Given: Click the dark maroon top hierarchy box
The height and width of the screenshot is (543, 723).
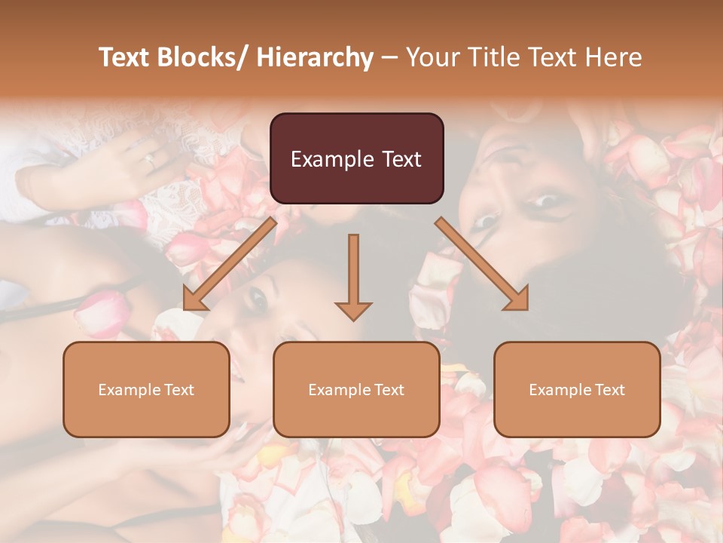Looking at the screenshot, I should point(356,158).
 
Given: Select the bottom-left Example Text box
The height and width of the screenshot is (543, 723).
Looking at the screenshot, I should point(146,389).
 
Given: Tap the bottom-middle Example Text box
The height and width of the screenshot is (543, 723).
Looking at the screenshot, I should point(356,389).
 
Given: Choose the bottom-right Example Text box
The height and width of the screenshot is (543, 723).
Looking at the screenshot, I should point(577,389).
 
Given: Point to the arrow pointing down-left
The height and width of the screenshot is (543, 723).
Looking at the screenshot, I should point(230,264).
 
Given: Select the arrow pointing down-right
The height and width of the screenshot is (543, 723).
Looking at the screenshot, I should point(482,264).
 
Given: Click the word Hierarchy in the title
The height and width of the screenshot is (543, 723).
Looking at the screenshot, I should point(314,57).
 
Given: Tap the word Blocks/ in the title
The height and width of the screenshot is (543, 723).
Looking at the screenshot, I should point(200,57).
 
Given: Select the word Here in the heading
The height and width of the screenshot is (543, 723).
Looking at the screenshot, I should point(613,57).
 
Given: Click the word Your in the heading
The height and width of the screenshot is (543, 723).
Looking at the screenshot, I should point(432,57).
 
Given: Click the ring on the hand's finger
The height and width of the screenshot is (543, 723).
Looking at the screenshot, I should point(150,159).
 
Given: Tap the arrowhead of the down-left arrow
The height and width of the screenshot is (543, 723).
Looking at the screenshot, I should point(194,299).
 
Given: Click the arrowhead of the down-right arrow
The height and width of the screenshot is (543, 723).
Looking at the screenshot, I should point(517,299).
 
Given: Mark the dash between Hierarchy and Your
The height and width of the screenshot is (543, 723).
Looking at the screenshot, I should point(389,58).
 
